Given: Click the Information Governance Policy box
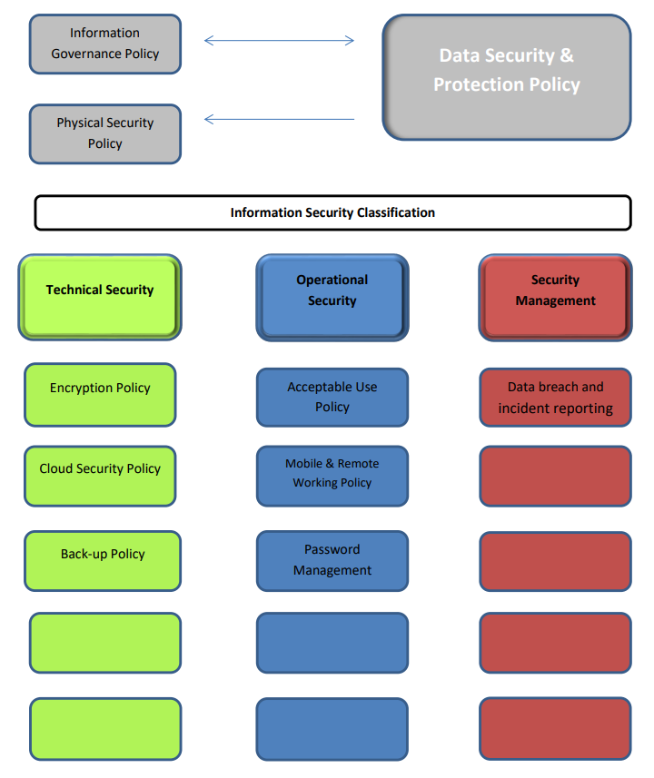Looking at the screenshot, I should point(104,44).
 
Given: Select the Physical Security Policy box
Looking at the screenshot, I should point(104,133).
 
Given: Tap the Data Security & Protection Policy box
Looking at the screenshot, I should point(506,76).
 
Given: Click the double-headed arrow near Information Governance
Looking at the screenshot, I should point(279,40).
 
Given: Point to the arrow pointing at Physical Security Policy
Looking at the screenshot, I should point(279,119).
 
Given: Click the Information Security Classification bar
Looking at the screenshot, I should point(332,212).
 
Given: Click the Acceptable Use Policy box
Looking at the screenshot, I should point(332,397).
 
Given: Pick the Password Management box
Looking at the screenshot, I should point(332,560).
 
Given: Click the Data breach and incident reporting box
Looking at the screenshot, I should point(555,398).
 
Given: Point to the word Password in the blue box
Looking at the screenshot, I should point(332,549).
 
